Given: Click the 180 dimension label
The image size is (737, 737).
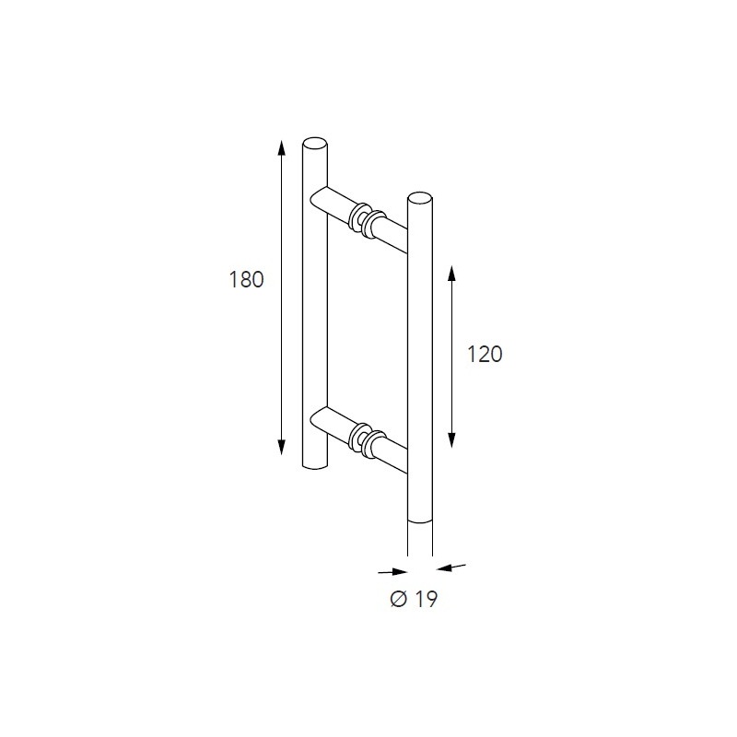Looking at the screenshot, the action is point(246,280).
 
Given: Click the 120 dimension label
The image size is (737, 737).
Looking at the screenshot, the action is point(485,354).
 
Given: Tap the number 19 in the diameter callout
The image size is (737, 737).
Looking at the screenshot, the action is point(427,599).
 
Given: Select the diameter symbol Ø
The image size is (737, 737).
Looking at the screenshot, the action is point(398,599).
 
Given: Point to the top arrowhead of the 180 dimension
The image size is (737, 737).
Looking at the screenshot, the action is point(282,147).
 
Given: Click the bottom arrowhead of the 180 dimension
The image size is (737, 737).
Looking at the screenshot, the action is point(282,448).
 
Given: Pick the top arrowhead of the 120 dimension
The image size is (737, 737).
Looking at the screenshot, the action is point(451,273).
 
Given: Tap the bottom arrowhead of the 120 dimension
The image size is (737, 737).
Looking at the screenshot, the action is point(451,440).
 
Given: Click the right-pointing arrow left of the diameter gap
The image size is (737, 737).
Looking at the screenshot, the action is point(393,571).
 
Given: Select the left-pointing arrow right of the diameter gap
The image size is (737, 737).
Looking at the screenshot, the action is point(451,567).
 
